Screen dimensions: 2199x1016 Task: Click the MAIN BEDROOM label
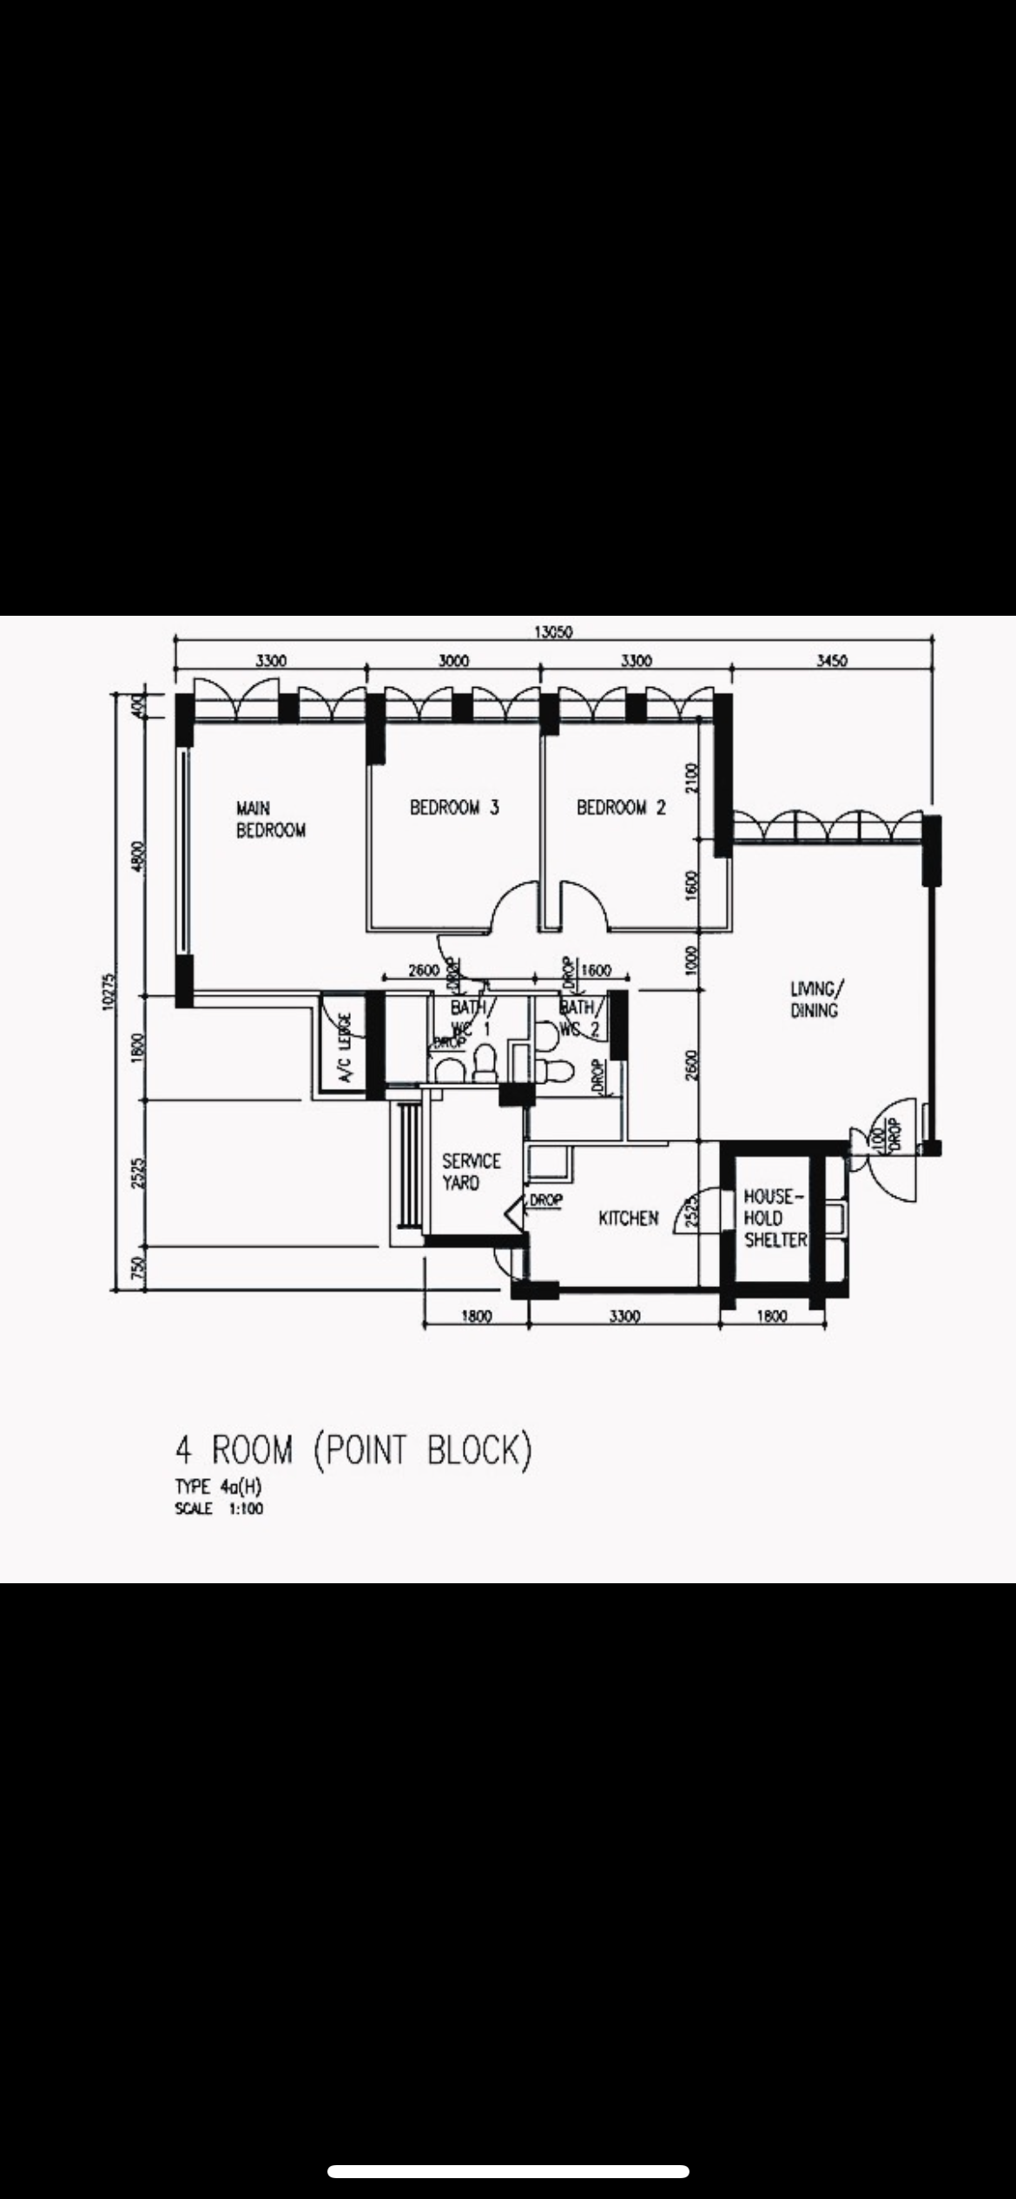tap(271, 819)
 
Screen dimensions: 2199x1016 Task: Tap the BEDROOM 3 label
tap(454, 808)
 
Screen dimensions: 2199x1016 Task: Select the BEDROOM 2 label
tap(621, 808)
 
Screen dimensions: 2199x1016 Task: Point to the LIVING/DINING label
tap(814, 1000)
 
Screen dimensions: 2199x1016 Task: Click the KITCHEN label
tap(628, 1218)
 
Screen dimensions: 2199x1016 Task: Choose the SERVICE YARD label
tap(471, 1172)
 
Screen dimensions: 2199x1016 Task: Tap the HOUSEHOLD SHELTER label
tap(775, 1218)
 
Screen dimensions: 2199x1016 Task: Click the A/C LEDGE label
tap(346, 1048)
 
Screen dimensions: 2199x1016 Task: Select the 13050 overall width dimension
tap(552, 631)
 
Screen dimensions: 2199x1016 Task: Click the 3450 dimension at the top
tap(831, 661)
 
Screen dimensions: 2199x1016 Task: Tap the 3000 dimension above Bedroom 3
tap(453, 661)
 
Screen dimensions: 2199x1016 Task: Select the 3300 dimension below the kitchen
tap(623, 1317)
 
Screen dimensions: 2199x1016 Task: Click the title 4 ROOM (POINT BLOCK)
tap(353, 1451)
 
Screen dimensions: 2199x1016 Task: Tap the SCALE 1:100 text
tap(219, 1509)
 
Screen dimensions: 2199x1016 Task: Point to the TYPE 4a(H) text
tap(218, 1487)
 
